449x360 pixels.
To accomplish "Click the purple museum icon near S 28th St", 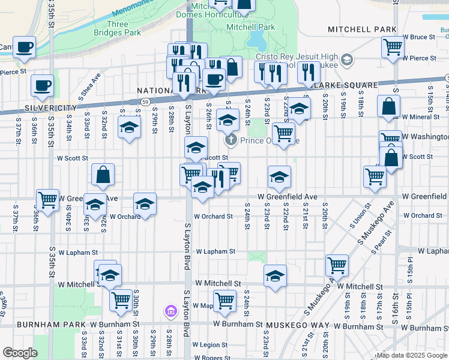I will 171,311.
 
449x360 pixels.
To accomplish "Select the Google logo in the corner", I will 20,353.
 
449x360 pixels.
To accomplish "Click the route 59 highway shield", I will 146,102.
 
